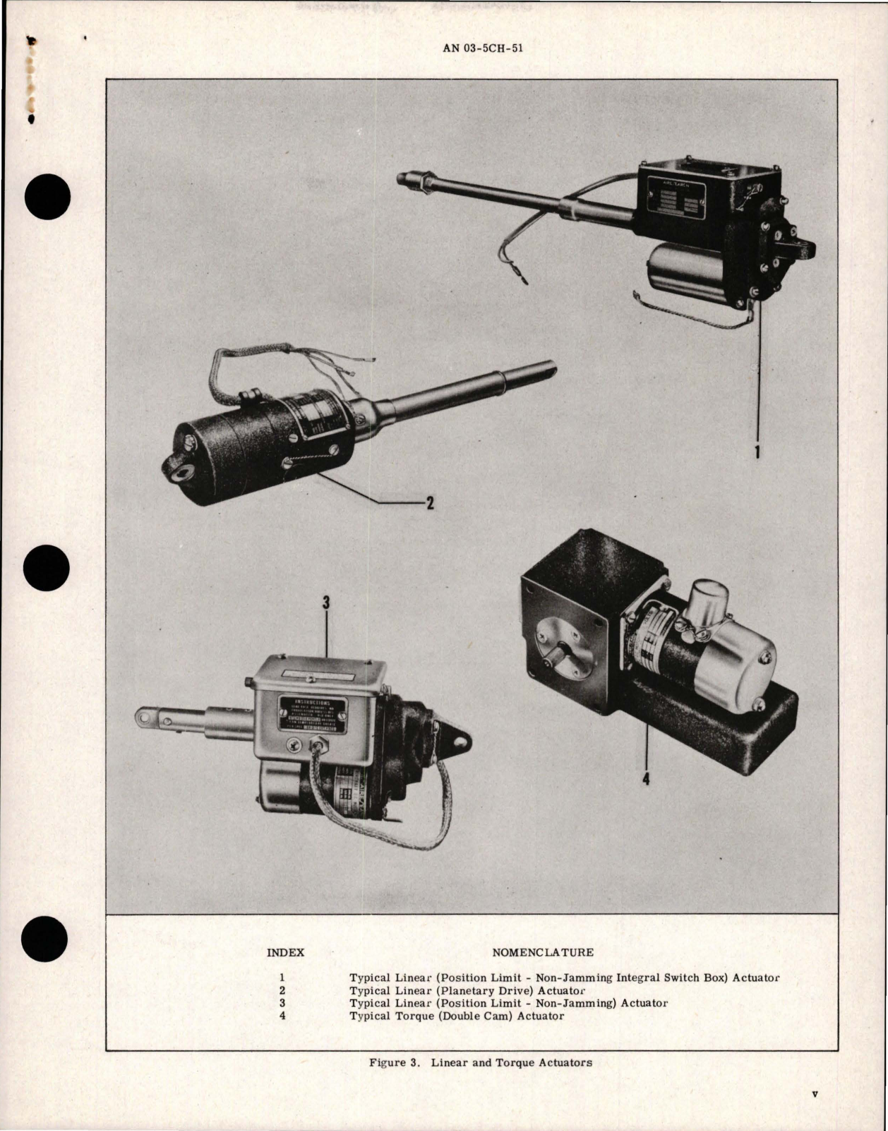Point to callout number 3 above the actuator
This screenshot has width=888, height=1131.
(x=325, y=603)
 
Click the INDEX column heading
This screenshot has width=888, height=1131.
(x=285, y=952)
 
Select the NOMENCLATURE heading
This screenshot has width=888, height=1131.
(x=542, y=952)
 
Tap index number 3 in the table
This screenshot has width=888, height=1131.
(x=282, y=1003)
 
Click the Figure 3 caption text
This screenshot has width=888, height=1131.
(x=480, y=1063)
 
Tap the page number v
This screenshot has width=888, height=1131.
(x=815, y=1094)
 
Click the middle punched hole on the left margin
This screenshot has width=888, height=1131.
(x=46, y=569)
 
